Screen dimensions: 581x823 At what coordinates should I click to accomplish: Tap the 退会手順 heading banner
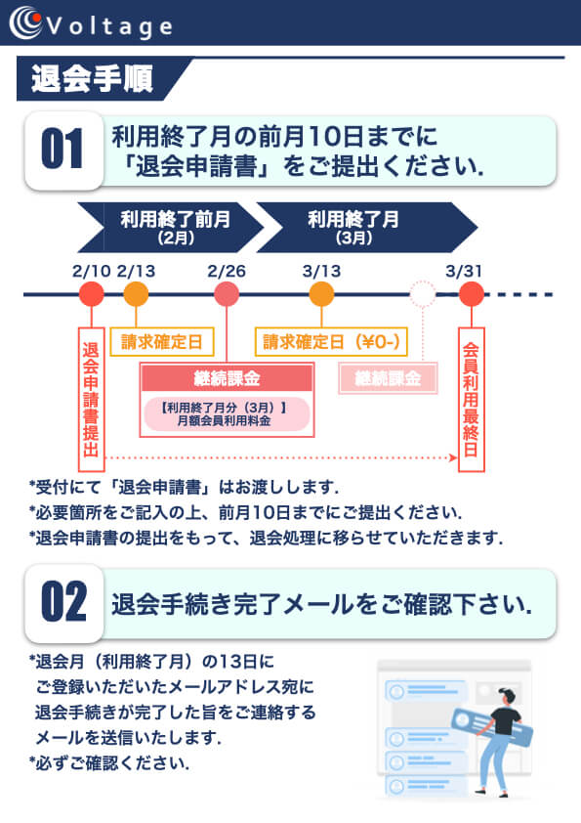100,79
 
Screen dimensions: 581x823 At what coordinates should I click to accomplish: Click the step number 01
62,150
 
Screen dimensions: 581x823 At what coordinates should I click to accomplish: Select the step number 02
63,601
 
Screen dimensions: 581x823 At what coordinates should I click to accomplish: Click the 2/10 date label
91,271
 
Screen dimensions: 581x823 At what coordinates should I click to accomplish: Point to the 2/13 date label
136,271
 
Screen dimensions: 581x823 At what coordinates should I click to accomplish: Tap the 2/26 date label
227,271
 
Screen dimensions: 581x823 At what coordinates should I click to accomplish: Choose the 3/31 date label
464,271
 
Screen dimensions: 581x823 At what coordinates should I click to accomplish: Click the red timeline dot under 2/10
91,294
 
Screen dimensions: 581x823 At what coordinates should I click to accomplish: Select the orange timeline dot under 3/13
321,294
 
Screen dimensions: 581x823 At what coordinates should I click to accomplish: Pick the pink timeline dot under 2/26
227,294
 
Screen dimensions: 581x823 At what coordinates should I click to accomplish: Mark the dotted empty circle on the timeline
423,282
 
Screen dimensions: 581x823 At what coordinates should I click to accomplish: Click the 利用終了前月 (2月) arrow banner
171,228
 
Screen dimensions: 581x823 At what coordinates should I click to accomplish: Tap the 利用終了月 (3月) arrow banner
367,228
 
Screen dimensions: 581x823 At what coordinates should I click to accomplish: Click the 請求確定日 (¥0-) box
331,342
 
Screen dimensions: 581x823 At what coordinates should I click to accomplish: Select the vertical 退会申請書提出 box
91,400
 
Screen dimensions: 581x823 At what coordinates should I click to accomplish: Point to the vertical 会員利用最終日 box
471,400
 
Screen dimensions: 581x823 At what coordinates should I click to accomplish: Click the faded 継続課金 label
388,378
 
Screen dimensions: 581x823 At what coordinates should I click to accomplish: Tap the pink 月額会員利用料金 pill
227,413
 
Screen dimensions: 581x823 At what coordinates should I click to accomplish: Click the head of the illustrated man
508,697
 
